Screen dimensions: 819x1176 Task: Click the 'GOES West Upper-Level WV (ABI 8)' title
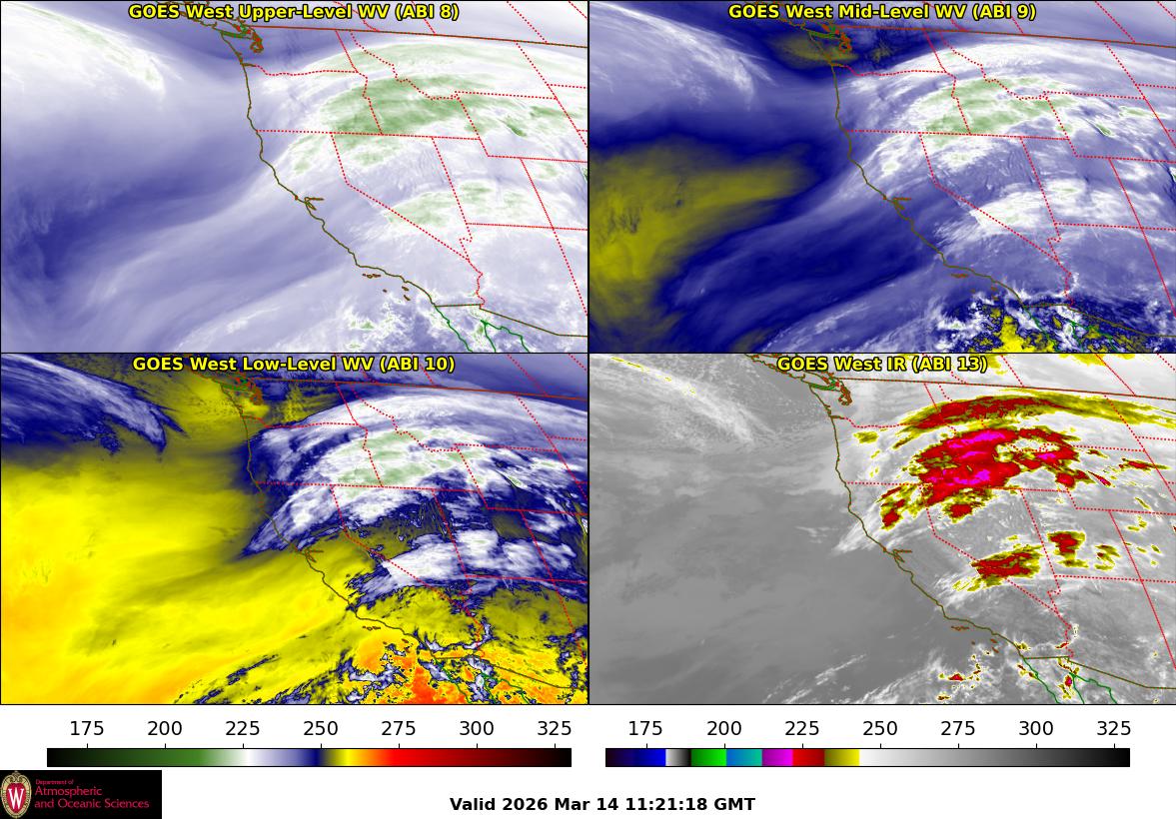(x=295, y=12)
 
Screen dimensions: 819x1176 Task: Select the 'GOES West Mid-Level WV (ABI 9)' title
(x=881, y=12)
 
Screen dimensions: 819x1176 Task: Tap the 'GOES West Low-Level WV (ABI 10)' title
(x=294, y=365)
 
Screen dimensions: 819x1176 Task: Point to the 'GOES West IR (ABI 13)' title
(x=881, y=365)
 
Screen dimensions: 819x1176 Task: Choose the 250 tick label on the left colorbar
(x=322, y=728)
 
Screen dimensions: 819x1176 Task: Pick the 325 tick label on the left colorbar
(x=555, y=728)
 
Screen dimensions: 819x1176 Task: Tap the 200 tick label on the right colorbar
(x=724, y=728)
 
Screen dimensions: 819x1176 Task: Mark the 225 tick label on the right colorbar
(x=802, y=728)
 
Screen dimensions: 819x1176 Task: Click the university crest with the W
(x=16, y=795)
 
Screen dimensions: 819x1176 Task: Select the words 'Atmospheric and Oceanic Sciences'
(x=91, y=798)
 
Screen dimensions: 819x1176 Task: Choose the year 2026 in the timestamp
(x=526, y=804)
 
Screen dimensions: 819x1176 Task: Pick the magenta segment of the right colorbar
(x=777, y=757)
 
